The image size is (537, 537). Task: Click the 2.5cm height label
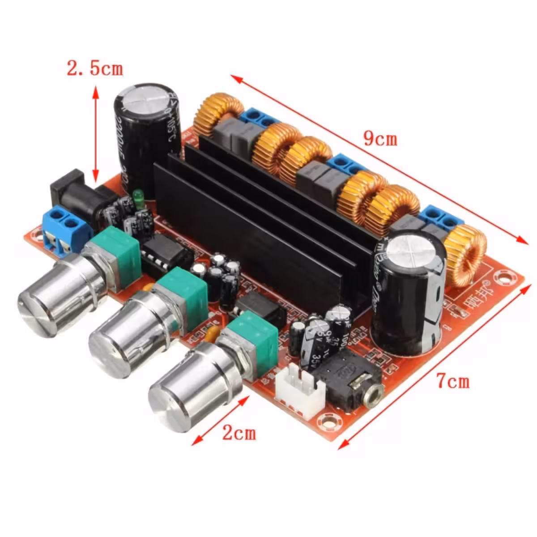click(x=94, y=68)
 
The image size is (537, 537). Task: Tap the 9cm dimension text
click(x=380, y=139)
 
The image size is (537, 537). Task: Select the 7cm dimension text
click(x=453, y=381)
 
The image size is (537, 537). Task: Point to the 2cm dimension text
click(x=239, y=433)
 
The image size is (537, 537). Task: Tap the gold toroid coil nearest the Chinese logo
click(x=468, y=255)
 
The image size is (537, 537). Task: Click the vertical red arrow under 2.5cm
click(x=95, y=134)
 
